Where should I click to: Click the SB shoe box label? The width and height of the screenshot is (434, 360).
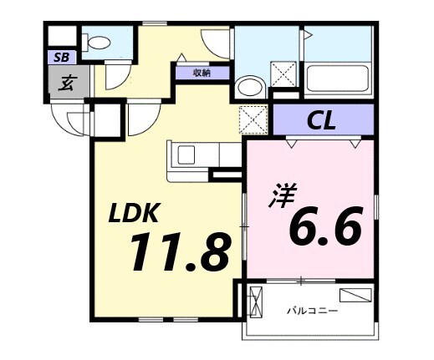coord(61,58)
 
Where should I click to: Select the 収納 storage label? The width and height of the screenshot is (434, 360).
coord(202,73)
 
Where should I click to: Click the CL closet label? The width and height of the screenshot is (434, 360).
coord(321,121)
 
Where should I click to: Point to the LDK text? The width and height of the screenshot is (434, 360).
coord(139,215)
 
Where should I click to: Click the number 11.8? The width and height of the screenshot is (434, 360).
coord(177,252)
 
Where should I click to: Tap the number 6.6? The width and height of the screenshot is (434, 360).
coord(325,226)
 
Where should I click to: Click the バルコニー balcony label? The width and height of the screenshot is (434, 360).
coord(313,311)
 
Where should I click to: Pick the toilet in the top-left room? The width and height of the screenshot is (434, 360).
coord(99,42)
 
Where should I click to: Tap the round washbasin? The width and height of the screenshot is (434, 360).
coord(248,87)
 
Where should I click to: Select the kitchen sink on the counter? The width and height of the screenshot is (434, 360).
coord(186,155)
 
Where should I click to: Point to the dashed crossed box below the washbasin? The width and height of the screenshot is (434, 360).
coord(251,119)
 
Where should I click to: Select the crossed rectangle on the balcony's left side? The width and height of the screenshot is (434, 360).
coord(256,300)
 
